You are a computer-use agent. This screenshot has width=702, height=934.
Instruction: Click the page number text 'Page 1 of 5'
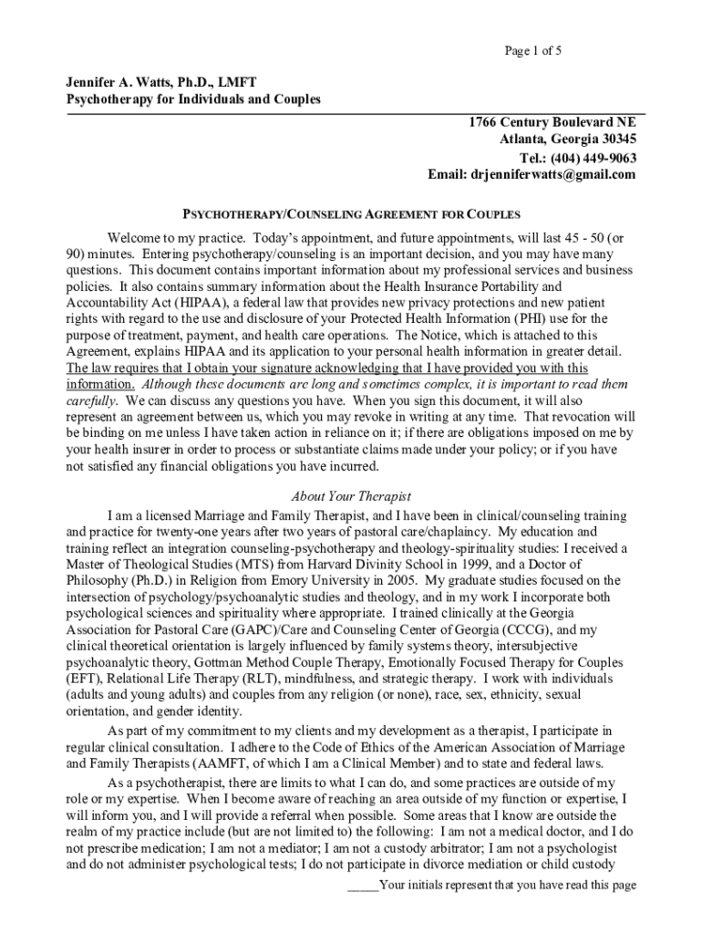point(533,51)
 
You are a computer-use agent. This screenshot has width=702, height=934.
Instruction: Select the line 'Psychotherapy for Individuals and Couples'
point(193,99)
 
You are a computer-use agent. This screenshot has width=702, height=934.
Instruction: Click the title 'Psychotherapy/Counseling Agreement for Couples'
point(351,215)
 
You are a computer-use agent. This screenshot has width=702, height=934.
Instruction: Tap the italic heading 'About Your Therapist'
point(351,497)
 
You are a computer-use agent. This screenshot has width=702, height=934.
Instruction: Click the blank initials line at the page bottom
point(364,886)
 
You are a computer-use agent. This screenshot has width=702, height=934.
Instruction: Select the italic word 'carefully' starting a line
point(91,400)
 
